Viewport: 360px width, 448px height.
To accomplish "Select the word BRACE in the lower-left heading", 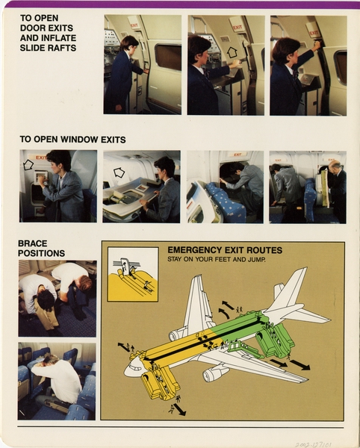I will click(x=34, y=243).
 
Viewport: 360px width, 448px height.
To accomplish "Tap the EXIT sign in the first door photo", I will click(x=134, y=23).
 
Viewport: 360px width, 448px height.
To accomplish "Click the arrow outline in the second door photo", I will click(x=232, y=53).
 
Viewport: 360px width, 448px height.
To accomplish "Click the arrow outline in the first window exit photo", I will click(x=28, y=164).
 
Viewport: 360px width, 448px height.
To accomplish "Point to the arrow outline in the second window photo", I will click(x=118, y=172).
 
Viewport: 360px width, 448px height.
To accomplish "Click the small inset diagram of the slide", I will click(x=133, y=275).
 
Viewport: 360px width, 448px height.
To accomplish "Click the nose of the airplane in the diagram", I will click(x=132, y=367).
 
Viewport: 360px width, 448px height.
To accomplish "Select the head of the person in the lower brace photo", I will click(x=39, y=360).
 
